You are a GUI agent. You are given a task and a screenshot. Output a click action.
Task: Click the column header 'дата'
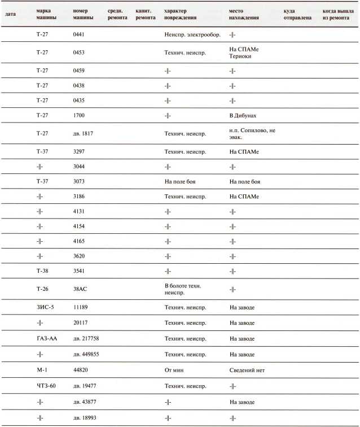[x=10, y=11]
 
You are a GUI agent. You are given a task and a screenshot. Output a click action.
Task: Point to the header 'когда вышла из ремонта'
[x=337, y=14]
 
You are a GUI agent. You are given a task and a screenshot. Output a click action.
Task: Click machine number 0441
[x=80, y=34]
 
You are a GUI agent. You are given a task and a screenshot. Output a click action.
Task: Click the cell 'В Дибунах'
[x=243, y=115]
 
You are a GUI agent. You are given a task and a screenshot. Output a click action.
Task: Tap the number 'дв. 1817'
[x=84, y=133]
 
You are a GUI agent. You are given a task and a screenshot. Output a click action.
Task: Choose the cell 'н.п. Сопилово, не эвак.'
[x=251, y=133]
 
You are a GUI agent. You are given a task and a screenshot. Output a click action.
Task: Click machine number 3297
[x=80, y=152]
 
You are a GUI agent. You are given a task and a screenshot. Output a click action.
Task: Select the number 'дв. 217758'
[x=87, y=338]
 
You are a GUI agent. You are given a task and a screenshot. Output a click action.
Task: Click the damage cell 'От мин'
[x=174, y=370]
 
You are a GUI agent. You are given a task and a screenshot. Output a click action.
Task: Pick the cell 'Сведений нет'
[x=247, y=370]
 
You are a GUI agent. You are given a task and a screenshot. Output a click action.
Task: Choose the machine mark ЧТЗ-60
[x=46, y=386]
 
